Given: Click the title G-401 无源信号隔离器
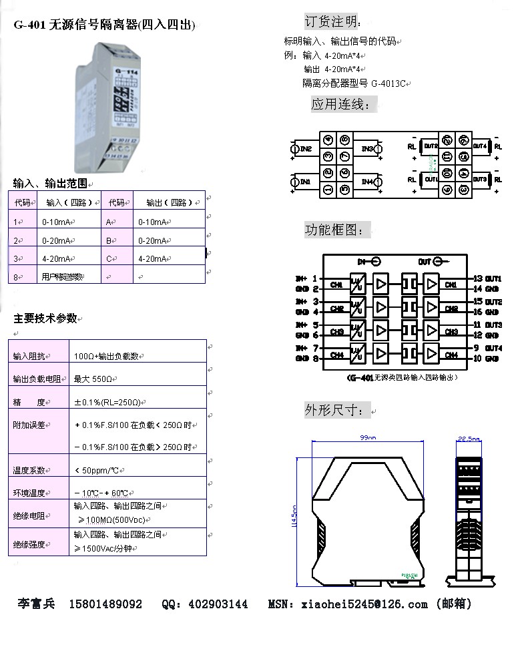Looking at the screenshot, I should [105, 25].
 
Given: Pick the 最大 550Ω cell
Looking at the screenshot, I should [96, 379].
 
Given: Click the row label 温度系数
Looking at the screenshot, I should [28, 470].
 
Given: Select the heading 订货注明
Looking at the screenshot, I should [332, 21].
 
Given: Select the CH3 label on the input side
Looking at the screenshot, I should [337, 332].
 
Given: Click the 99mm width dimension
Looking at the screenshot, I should [368, 438].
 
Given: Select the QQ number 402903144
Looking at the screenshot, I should [218, 604].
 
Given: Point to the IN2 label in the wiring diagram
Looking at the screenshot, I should [305, 148].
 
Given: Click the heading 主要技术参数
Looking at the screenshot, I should [45, 318].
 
